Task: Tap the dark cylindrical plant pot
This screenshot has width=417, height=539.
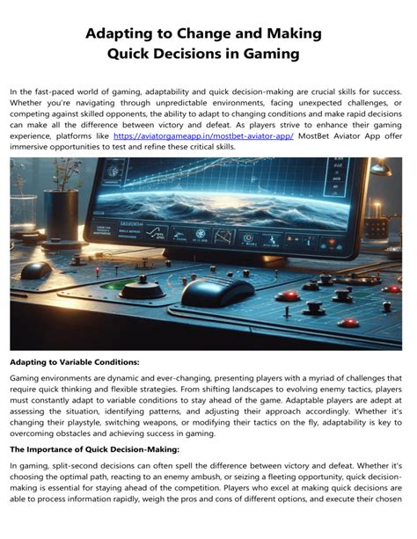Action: [x=63, y=215]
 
